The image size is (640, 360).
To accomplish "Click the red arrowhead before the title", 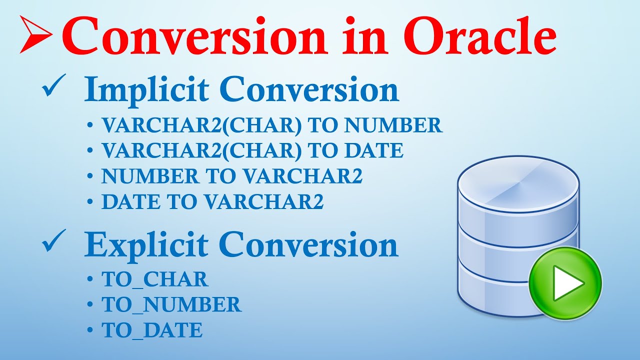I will (35, 34).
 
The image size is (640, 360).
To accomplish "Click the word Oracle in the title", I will (480, 35).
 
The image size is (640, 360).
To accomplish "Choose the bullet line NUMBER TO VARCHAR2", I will (231, 176).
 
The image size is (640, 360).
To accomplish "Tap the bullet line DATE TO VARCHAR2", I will (212, 201).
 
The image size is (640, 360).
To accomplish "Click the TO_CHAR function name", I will (155, 279).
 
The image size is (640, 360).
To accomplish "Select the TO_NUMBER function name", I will (171, 304).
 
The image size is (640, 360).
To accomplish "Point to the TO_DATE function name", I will (152, 330).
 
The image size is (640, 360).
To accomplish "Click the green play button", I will (565, 283).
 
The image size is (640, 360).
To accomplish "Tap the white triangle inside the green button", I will (568, 283).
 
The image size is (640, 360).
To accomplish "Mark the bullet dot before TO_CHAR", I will (89, 279).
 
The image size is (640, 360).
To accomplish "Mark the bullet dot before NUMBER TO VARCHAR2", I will (89, 176).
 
